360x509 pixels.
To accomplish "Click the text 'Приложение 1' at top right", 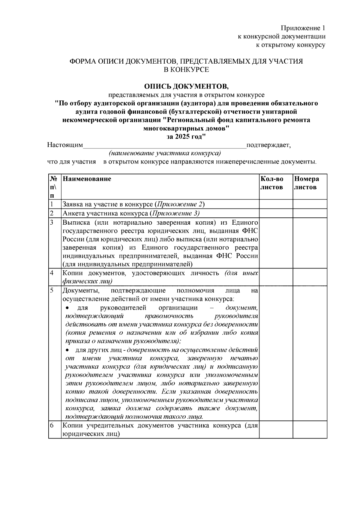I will tap(303, 28).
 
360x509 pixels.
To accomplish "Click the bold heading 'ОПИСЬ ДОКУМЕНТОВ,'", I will tap(186, 86).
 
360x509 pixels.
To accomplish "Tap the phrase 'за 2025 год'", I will tap(186, 137).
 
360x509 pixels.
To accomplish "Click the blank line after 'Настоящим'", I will tap(164, 146).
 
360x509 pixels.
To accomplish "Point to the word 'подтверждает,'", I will tap(268, 145).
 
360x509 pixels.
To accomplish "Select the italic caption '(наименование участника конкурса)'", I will tap(165, 154).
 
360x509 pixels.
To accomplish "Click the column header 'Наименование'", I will tap(87, 179).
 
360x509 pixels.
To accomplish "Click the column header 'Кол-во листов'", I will tap(272, 183).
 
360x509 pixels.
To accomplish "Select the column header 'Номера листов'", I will tap(306, 183).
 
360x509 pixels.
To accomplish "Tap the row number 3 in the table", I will tap(52, 223).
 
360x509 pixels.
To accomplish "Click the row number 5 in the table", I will tap(52, 291).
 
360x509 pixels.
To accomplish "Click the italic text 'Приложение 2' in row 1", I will tap(179, 205).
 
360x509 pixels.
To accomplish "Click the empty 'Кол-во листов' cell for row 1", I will tap(276, 204).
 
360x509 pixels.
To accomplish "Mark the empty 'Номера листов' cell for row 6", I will tap(310, 430).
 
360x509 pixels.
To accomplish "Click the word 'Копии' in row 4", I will tap(71, 273).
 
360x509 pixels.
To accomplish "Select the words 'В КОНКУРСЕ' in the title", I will tap(186, 70).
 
